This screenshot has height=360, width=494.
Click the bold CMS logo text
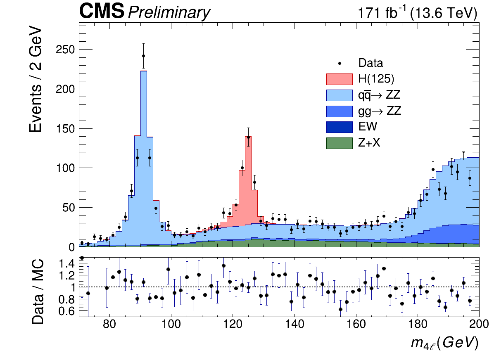[102, 12]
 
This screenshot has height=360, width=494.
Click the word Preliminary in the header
[169, 13]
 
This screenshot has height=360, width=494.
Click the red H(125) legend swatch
[340, 79]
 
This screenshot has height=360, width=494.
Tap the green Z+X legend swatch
[340, 143]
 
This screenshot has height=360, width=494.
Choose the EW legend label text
[368, 127]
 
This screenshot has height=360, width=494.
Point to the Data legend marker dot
[340, 63]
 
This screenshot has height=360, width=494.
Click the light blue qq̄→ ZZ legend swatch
[340, 95]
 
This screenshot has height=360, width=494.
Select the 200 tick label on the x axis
[478, 323]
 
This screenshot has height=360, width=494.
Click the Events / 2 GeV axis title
[36, 80]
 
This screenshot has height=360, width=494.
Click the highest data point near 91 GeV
[143, 56]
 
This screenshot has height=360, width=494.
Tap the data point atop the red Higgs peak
[248, 137]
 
